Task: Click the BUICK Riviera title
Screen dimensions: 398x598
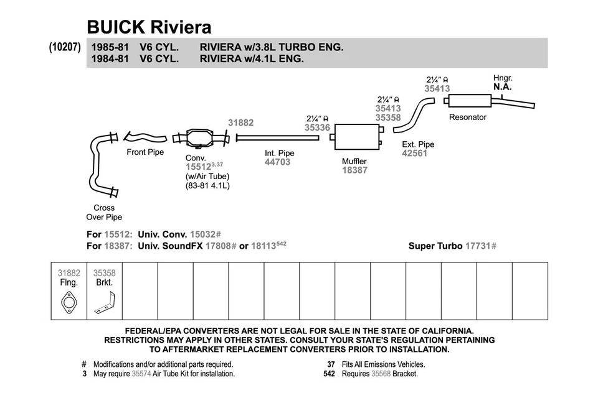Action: click(149, 27)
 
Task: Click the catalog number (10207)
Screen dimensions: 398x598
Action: click(65, 47)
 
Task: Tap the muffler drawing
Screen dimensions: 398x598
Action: click(356, 136)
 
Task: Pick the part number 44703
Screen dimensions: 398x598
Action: click(277, 162)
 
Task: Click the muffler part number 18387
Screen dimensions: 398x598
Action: click(354, 170)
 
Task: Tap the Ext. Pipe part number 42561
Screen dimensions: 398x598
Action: click(415, 153)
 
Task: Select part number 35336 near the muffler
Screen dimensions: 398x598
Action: click(317, 127)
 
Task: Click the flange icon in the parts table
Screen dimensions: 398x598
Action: click(69, 303)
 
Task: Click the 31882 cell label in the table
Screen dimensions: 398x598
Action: click(69, 272)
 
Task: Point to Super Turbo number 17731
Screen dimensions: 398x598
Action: click(478, 246)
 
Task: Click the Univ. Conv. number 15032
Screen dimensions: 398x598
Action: click(203, 234)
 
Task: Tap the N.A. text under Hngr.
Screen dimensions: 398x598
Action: click(502, 87)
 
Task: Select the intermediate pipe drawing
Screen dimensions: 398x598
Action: click(277, 137)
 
